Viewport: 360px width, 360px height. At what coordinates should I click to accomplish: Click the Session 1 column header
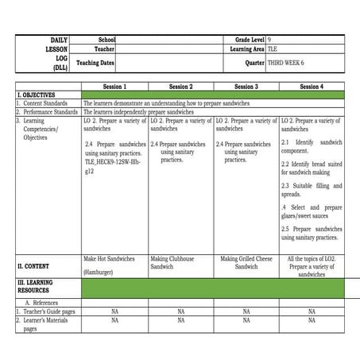(114, 86)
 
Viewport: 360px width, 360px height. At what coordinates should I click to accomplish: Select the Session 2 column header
(180, 86)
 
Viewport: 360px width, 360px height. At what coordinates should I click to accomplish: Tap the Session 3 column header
(246, 86)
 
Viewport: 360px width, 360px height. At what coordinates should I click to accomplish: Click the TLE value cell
(273, 48)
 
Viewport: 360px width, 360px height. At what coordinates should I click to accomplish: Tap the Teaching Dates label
(95, 62)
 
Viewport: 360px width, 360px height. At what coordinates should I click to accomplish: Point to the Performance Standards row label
(49, 112)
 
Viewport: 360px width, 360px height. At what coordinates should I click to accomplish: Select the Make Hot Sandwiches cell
(109, 258)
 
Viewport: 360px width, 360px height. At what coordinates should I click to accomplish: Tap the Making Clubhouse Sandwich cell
(180, 262)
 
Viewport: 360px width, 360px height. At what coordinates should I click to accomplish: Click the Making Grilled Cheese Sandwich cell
(246, 262)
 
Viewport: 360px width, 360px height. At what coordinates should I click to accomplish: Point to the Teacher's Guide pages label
(48, 312)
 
